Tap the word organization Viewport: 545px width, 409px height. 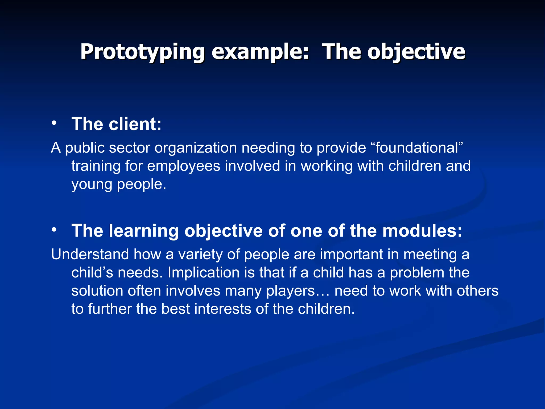(196, 148)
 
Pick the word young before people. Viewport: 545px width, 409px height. (92, 185)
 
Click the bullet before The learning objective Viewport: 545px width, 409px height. (54, 230)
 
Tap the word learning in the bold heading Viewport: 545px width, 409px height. (144, 231)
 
